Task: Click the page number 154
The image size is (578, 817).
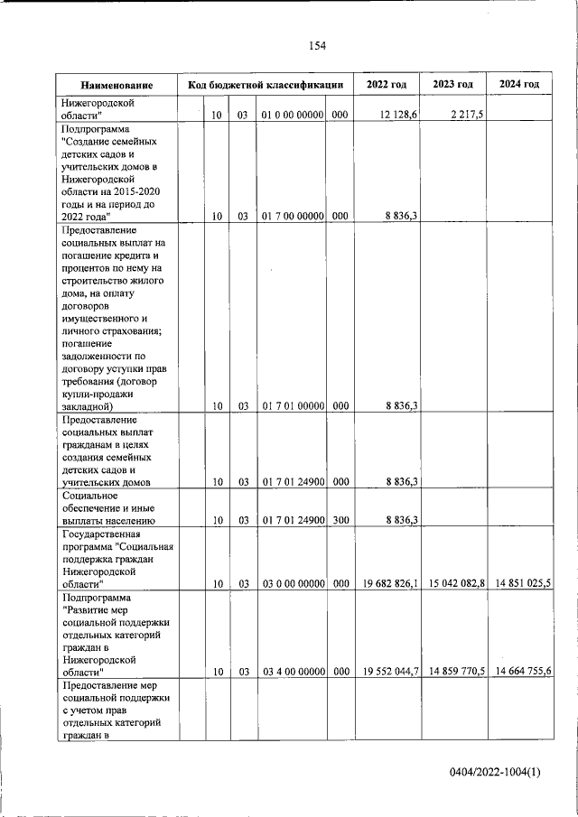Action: coord(317,46)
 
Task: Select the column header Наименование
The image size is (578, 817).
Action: coord(117,85)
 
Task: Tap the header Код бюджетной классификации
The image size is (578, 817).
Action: coord(265,85)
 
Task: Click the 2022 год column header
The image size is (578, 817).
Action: coord(387,85)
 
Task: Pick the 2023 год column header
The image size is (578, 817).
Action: coord(453,85)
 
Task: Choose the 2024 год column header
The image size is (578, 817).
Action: coord(519,85)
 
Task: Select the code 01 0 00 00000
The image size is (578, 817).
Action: coord(292,115)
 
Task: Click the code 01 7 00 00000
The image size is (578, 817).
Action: coord(292,217)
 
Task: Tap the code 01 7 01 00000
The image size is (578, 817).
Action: coord(292,406)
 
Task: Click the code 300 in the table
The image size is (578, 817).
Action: coord(340,520)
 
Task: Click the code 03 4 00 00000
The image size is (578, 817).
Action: coord(292,672)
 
